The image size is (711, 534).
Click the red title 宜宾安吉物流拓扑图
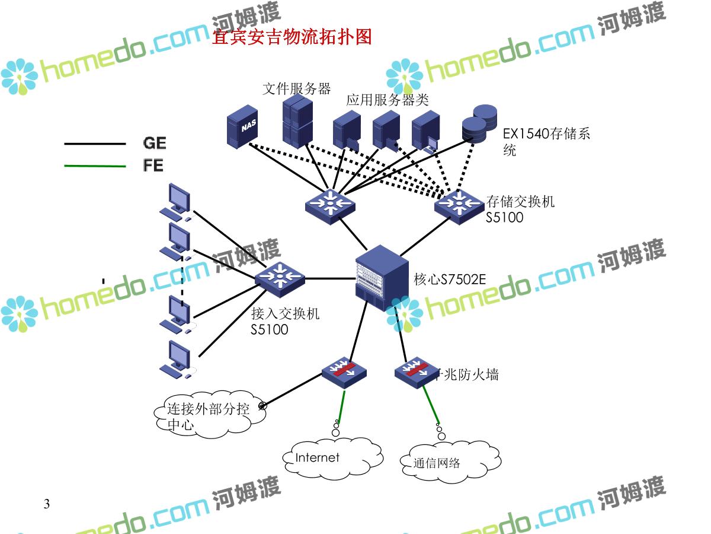click(x=292, y=37)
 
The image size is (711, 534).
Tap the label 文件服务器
click(x=296, y=89)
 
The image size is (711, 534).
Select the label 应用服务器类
click(x=387, y=100)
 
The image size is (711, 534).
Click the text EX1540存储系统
click(x=546, y=141)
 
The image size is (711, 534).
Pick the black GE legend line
click(x=95, y=144)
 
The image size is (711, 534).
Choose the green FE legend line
click(x=95, y=166)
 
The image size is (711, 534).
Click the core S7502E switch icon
click(x=382, y=274)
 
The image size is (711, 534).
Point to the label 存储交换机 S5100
click(x=520, y=209)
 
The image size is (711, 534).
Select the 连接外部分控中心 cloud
click(x=207, y=416)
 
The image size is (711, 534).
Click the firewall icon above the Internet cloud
click(x=344, y=370)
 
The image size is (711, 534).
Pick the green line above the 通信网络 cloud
click(x=432, y=406)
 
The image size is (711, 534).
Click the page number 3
click(x=47, y=504)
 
